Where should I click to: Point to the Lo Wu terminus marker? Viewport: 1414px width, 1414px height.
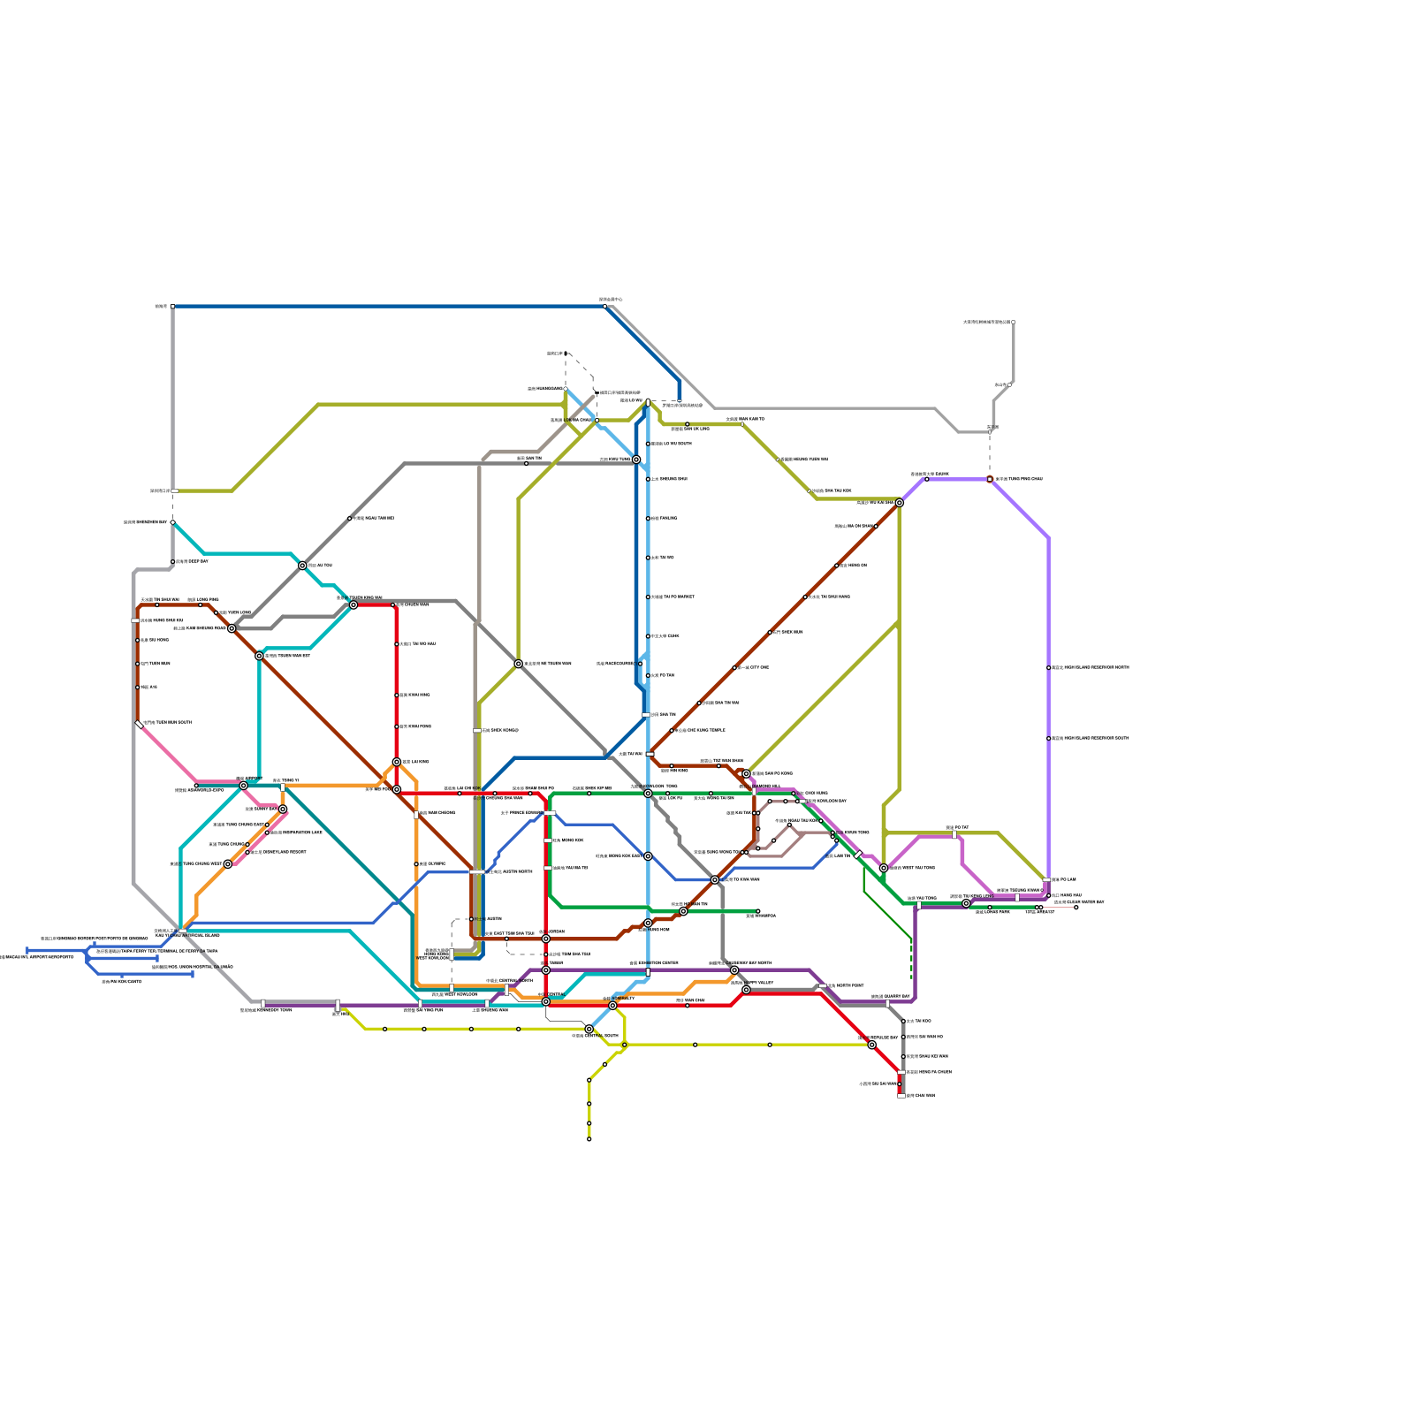pos(648,402)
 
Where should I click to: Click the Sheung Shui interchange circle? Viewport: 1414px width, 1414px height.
pos(636,460)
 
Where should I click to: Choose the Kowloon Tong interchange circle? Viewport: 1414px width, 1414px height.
pos(648,794)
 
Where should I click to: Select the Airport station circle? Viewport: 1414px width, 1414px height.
pos(244,785)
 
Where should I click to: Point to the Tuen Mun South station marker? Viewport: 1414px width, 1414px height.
pos(139,724)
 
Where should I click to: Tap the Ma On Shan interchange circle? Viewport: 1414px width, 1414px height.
pos(900,503)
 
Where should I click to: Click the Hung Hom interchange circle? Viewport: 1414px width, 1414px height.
pos(648,923)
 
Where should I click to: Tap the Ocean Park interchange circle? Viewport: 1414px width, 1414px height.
pos(589,1029)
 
